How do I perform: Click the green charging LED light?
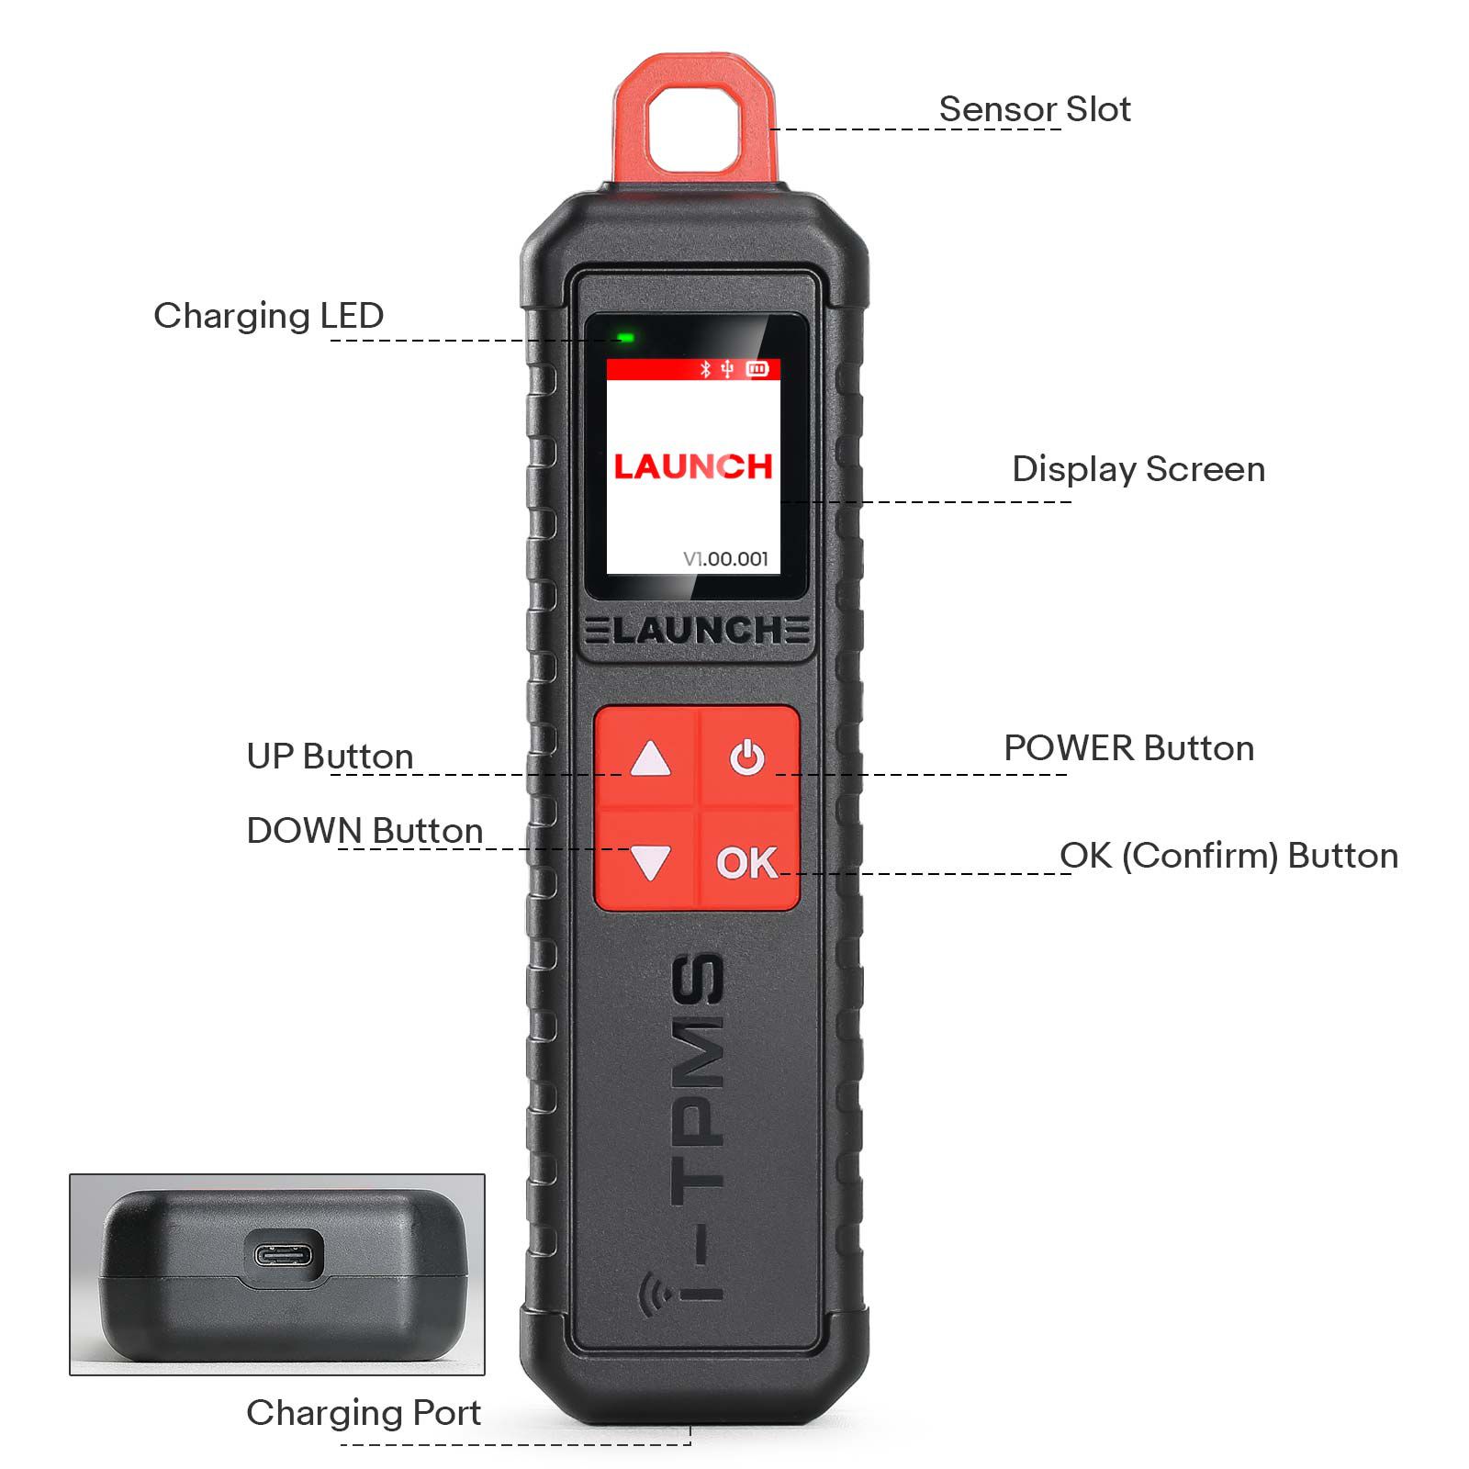[626, 338]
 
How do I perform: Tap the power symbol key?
[747, 758]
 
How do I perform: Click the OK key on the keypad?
[746, 862]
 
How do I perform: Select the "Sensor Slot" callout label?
[1034, 109]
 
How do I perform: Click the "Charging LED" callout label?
[268, 316]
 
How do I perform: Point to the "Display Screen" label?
[1138, 469]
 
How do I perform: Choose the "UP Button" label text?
[330, 757]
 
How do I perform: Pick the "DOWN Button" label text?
[364, 831]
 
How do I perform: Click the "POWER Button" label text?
[1128, 748]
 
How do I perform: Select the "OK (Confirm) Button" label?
[1228, 856]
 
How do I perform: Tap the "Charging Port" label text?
[364, 1413]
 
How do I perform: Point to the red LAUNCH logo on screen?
[693, 466]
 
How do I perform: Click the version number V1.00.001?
[725, 558]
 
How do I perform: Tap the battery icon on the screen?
[757, 369]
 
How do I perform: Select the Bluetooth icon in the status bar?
[705, 369]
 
